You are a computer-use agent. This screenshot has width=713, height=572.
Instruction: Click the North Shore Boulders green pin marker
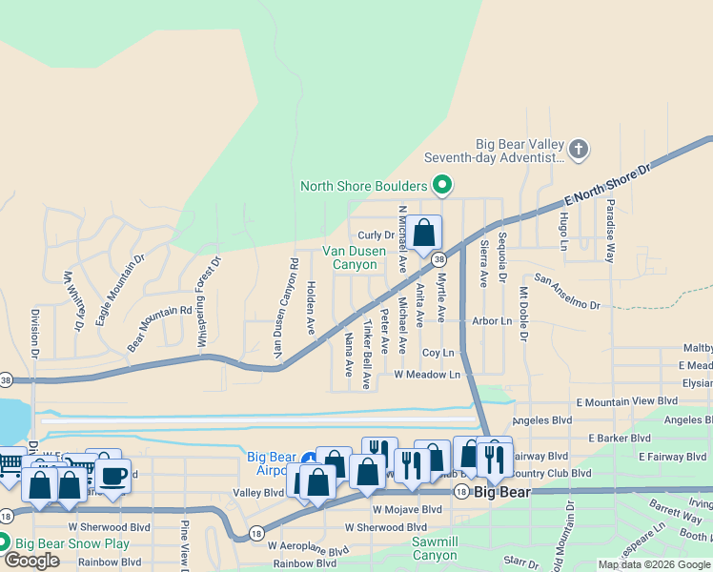tap(441, 185)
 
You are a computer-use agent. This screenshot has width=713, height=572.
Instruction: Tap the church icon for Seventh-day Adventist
tap(579, 150)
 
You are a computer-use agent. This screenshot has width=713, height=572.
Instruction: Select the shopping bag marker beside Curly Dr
tap(425, 233)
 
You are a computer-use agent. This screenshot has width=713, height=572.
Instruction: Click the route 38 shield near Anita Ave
tap(438, 259)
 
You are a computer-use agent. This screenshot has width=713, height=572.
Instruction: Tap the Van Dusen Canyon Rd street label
tap(282, 307)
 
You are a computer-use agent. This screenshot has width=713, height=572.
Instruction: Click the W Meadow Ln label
tap(427, 375)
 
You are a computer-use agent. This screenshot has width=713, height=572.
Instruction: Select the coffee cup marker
tap(112, 475)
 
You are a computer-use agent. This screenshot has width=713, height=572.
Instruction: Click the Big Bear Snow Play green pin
tap(4, 543)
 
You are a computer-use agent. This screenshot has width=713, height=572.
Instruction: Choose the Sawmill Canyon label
tap(436, 548)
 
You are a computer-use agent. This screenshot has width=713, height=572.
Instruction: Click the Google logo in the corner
tap(31, 561)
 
